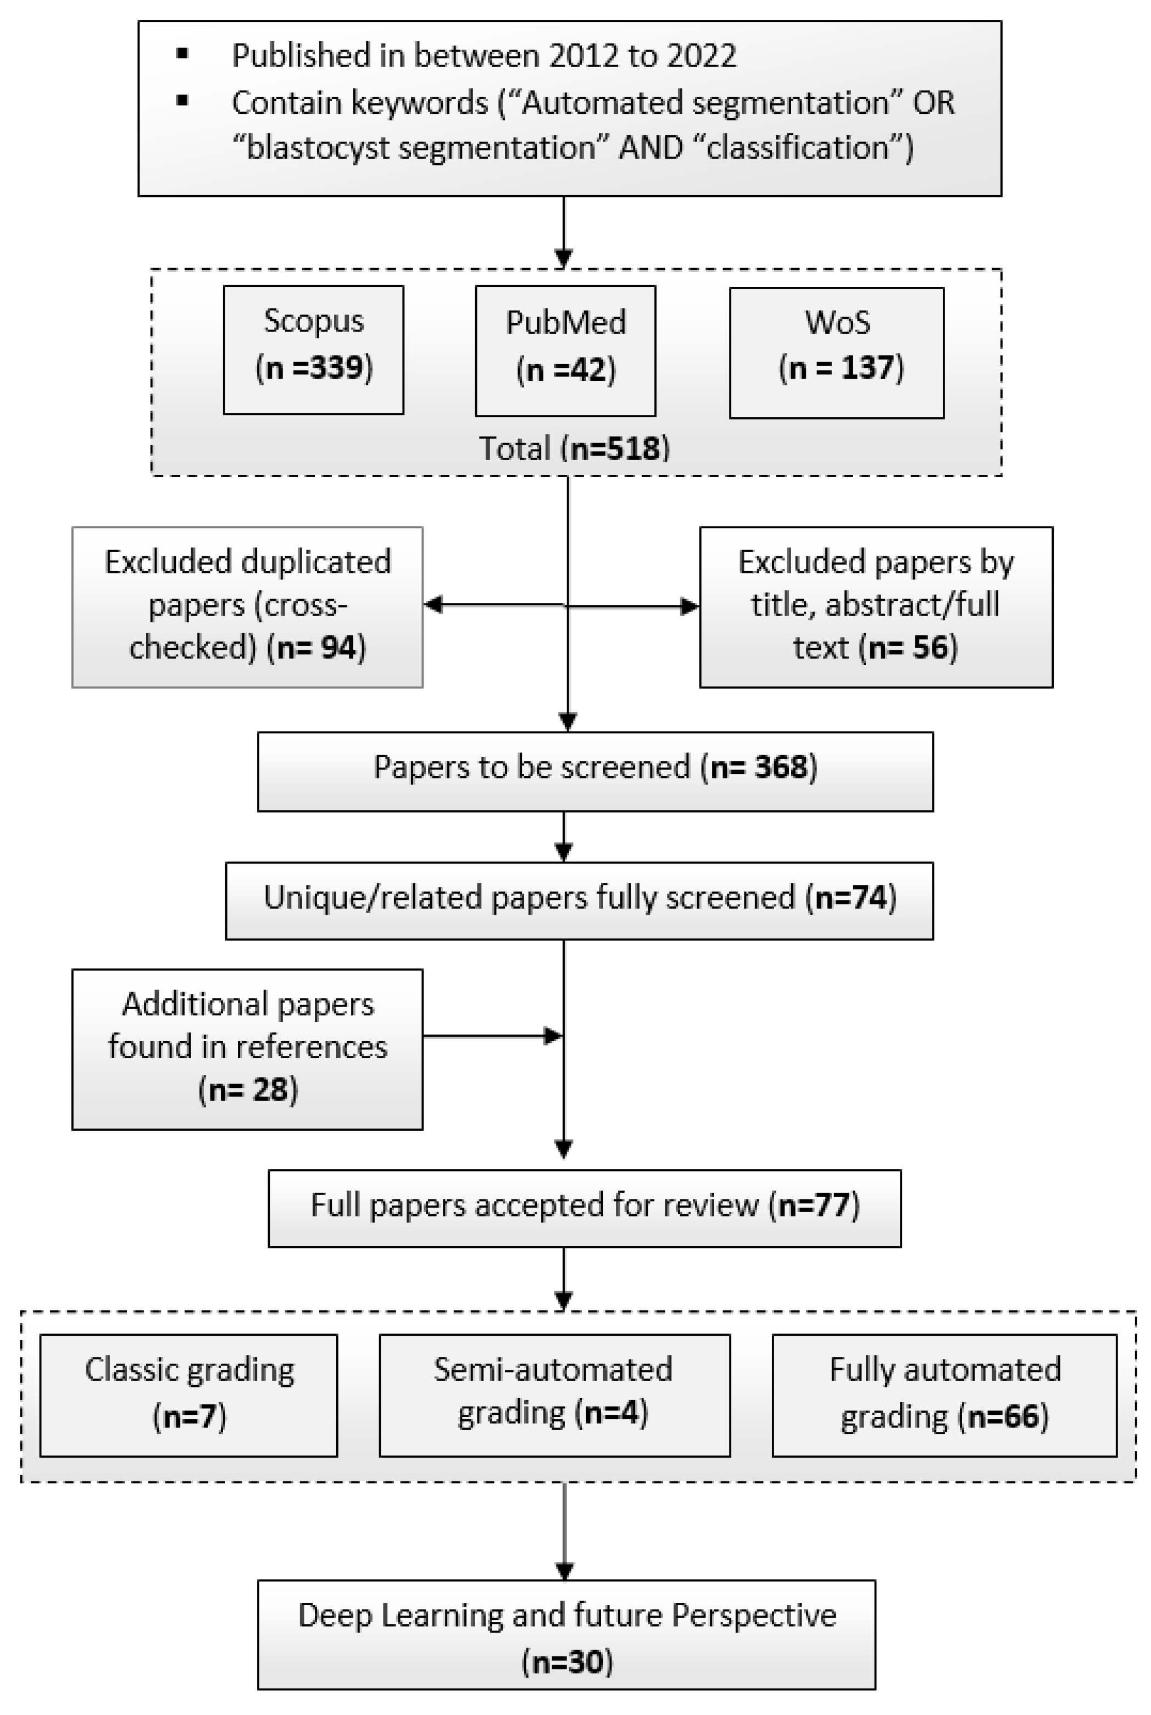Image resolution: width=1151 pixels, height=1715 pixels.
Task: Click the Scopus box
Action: pyautogui.click(x=314, y=350)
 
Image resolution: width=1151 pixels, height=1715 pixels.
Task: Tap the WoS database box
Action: pyautogui.click(x=836, y=352)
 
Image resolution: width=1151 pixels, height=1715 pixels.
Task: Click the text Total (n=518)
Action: pyautogui.click(x=575, y=449)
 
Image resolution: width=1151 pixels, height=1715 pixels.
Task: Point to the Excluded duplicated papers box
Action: pyautogui.click(x=247, y=607)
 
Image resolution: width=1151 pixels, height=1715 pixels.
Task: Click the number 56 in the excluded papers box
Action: pyautogui.click(x=931, y=647)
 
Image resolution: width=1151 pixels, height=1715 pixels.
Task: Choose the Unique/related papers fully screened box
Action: pyautogui.click(x=579, y=900)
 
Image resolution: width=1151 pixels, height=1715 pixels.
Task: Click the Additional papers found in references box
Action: pyautogui.click(x=247, y=1049)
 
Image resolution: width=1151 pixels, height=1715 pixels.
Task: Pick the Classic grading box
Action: pyautogui.click(x=188, y=1395)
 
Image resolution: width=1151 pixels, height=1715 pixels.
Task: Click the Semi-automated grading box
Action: pyautogui.click(x=554, y=1395)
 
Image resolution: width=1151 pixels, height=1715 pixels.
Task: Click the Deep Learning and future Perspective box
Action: pyautogui.click(x=566, y=1634)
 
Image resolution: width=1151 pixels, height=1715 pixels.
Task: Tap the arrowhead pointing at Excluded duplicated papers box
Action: pyautogui.click(x=433, y=605)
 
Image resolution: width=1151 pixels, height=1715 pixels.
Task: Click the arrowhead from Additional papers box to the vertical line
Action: pyautogui.click(x=553, y=1036)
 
